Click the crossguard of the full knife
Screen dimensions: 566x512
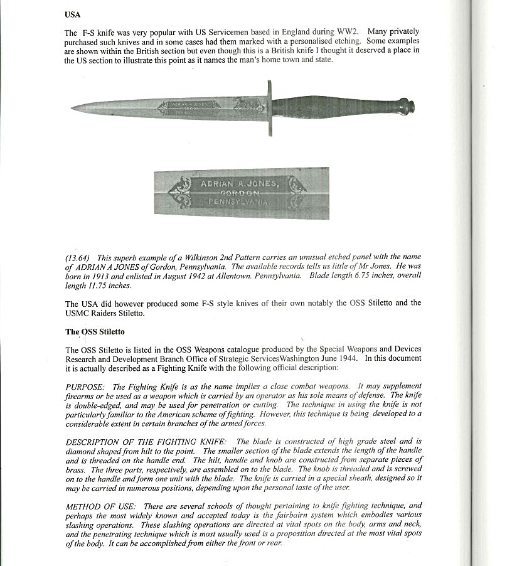pyautogui.click(x=270, y=107)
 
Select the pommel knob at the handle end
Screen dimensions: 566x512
pyautogui.click(x=406, y=106)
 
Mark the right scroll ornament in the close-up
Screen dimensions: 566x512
pyautogui.click(x=296, y=187)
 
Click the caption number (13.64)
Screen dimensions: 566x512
pyautogui.click(x=77, y=258)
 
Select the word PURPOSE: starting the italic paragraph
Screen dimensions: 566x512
pyautogui.click(x=86, y=386)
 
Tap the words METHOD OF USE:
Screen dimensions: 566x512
pyautogui.click(x=100, y=505)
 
